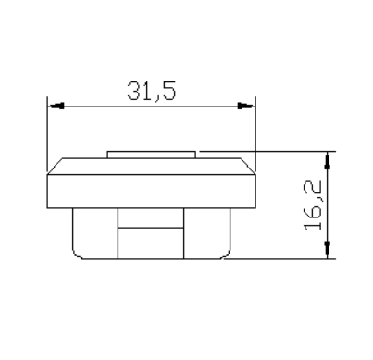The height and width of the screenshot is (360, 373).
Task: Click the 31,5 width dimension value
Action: (x=152, y=91)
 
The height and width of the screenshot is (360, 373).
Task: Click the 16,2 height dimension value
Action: (x=313, y=205)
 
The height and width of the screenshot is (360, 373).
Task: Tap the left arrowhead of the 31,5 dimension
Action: (x=56, y=106)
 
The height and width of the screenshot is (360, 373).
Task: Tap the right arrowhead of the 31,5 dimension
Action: (x=246, y=106)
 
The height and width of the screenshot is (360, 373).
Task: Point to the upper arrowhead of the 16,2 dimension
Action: (x=328, y=161)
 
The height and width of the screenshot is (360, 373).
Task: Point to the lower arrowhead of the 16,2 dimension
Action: (x=328, y=249)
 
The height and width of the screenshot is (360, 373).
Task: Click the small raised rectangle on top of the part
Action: (x=152, y=155)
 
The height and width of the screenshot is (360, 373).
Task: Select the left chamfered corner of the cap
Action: (x=55, y=167)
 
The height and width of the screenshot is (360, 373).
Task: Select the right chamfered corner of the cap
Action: (x=248, y=167)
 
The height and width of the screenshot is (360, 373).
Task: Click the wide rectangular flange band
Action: (x=152, y=192)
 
